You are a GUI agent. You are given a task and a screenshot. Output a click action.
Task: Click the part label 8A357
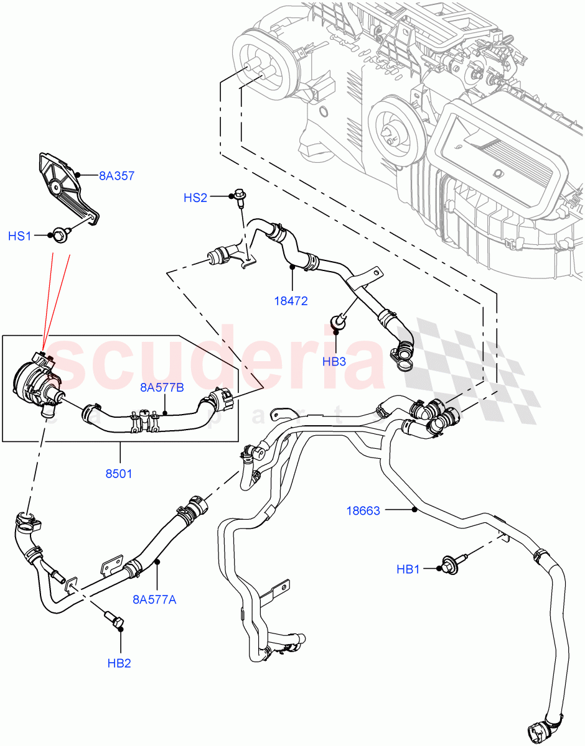(x=116, y=176)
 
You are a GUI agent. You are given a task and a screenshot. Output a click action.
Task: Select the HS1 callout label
(x=20, y=236)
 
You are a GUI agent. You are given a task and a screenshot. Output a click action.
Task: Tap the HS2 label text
(x=195, y=198)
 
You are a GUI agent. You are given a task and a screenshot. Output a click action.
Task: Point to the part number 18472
(x=291, y=301)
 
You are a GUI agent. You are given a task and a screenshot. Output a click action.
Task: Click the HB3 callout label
(x=334, y=361)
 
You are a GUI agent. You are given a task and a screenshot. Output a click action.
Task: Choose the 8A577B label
(x=161, y=389)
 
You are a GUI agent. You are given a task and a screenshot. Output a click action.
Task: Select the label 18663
(x=364, y=510)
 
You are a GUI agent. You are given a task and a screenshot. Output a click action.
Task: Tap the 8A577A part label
(x=154, y=600)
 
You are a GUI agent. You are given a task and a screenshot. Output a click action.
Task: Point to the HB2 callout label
(x=119, y=663)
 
